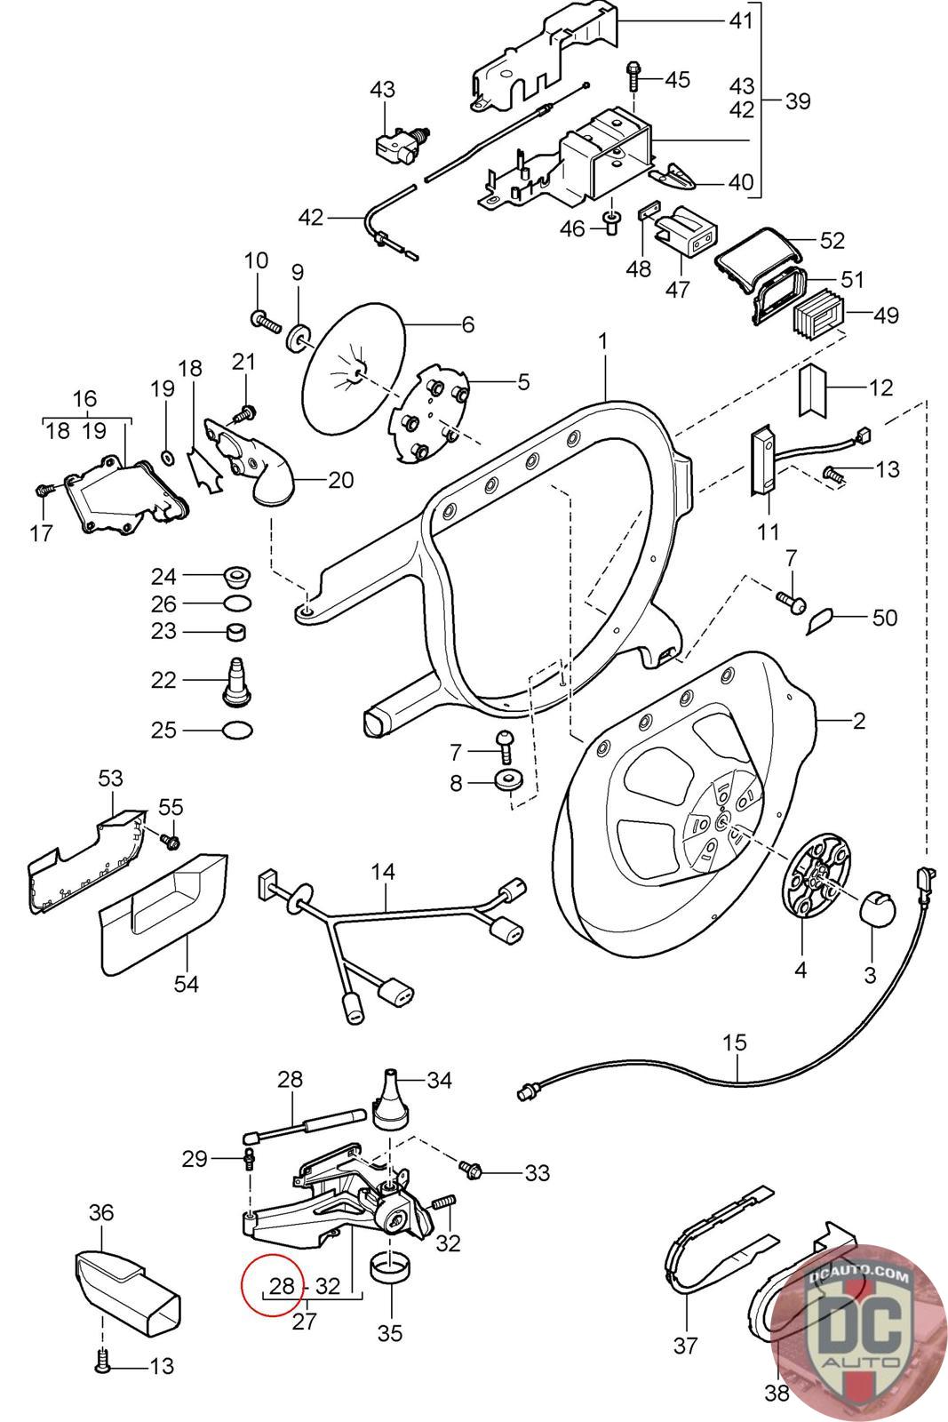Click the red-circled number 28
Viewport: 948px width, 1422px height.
pyautogui.click(x=282, y=1286)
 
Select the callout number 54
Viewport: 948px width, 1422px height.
pyautogui.click(x=187, y=984)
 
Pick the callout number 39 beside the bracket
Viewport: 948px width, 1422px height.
pyautogui.click(x=798, y=100)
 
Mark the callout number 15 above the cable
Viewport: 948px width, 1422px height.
pyautogui.click(x=735, y=1042)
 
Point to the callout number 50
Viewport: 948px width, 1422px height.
pyautogui.click(x=884, y=617)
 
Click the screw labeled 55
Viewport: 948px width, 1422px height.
pyautogui.click(x=170, y=838)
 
